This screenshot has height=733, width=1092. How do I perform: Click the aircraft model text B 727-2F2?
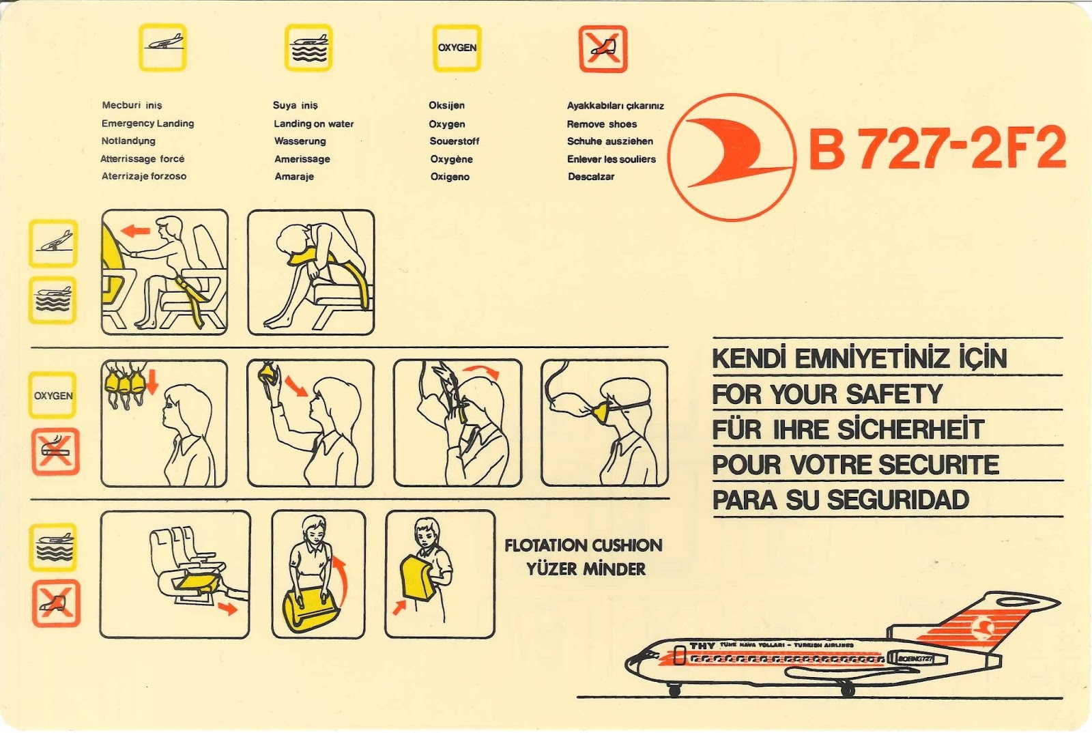[x=937, y=148]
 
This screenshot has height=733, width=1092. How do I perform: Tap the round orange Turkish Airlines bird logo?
[x=732, y=157]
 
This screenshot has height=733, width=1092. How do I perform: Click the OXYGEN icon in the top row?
[x=457, y=48]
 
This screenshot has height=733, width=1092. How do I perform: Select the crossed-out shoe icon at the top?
[x=603, y=48]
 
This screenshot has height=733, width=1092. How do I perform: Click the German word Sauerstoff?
[x=454, y=141]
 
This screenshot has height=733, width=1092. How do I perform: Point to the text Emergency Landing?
[x=147, y=124]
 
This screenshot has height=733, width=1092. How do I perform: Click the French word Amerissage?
[x=302, y=159]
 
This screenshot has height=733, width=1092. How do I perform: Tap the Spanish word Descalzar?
[x=590, y=177]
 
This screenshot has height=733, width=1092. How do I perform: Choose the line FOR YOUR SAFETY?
[x=827, y=394]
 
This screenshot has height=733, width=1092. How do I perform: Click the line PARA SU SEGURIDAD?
[x=840, y=500]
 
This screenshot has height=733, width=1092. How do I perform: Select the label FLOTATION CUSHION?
[x=583, y=545]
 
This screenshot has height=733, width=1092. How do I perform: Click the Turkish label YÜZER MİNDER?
[x=586, y=569]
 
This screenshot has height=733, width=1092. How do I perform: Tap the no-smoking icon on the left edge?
[x=55, y=451]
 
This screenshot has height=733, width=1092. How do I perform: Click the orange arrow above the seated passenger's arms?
[x=135, y=231]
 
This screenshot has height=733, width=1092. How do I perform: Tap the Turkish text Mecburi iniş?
[x=132, y=105]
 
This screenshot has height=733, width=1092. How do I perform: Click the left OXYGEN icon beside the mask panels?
[x=53, y=395]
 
